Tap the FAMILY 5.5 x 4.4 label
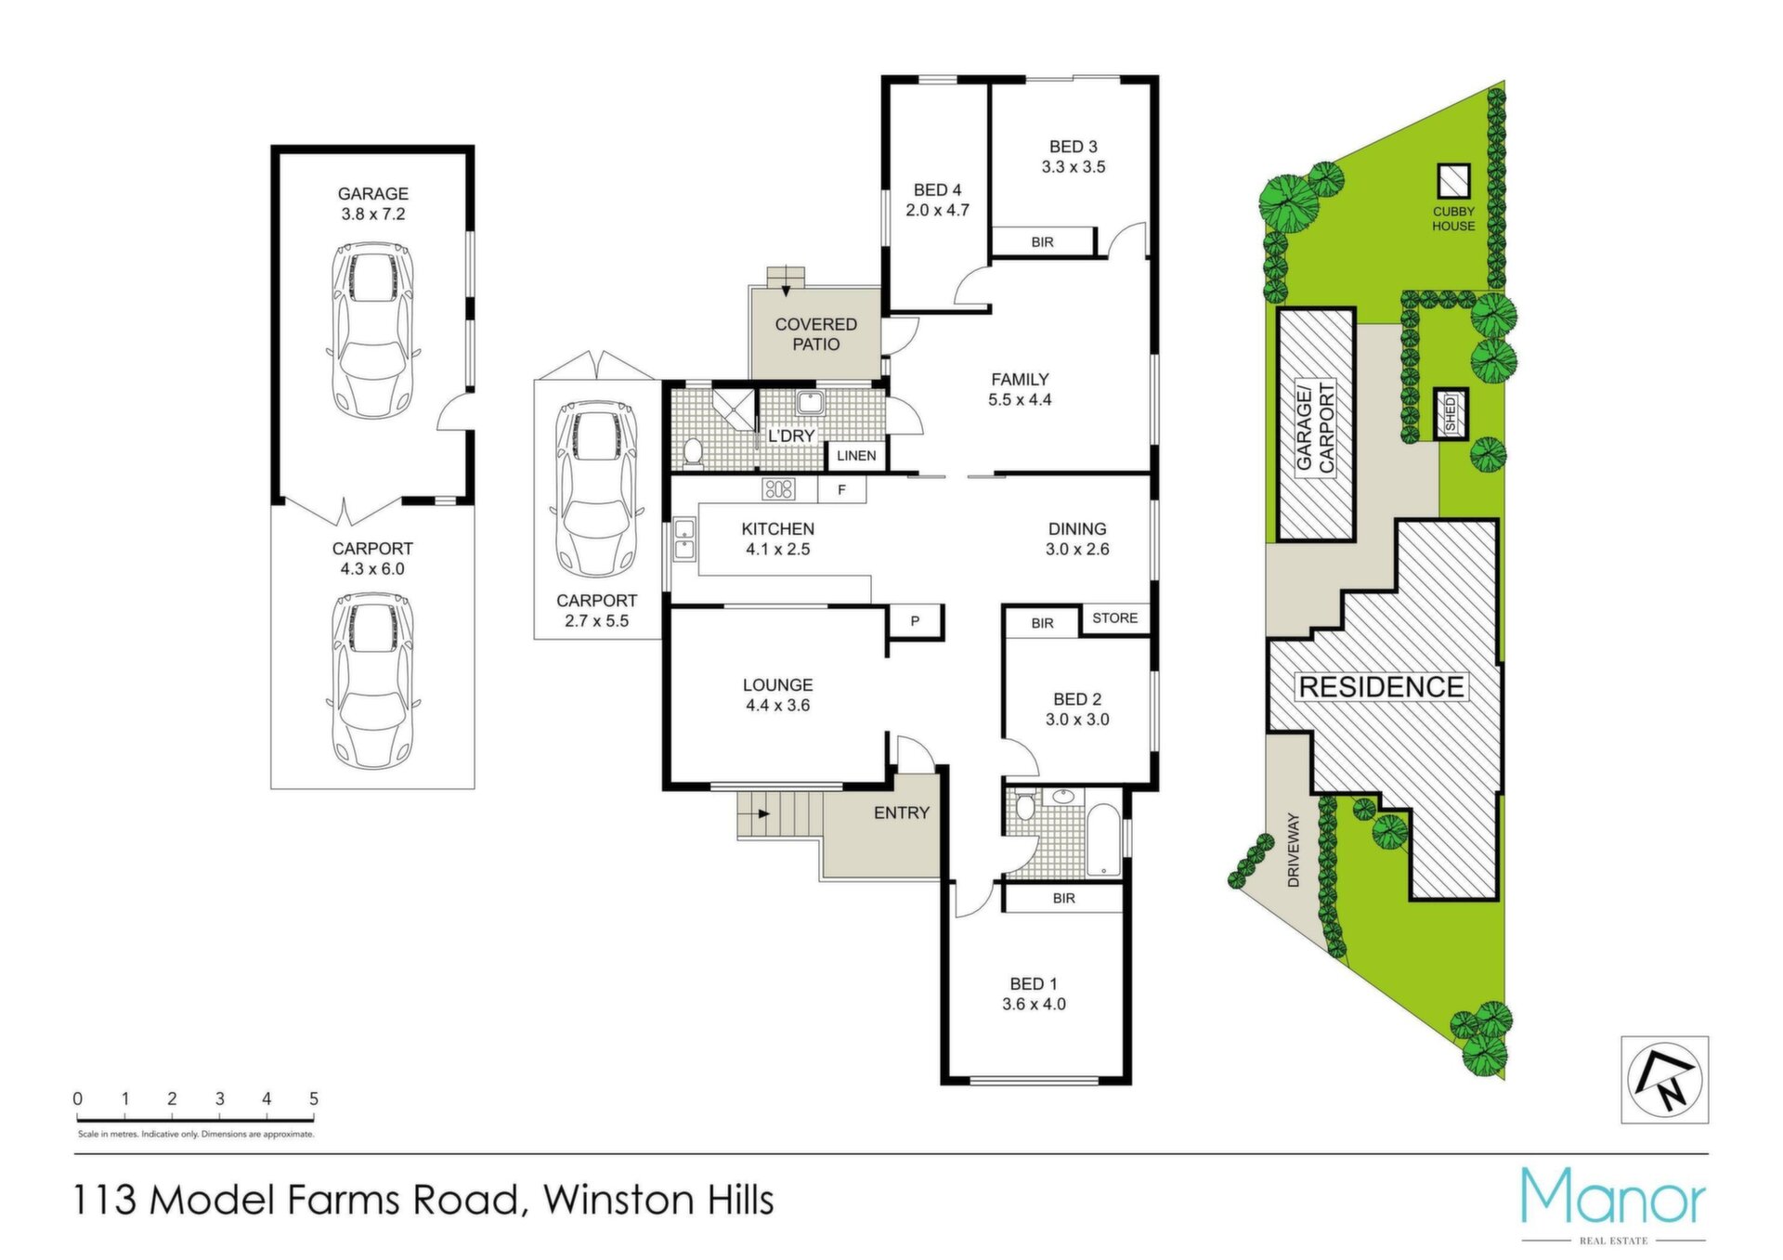[x=1020, y=389]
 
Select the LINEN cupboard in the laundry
[x=856, y=455]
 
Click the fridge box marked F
[x=841, y=489]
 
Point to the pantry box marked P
[x=915, y=620]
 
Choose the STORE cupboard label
[x=1114, y=618]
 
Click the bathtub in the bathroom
[x=1104, y=840]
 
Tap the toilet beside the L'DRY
[x=692, y=452]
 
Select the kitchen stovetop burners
[x=778, y=488]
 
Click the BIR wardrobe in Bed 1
[x=1063, y=898]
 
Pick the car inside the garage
[x=372, y=330]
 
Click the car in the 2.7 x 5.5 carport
[x=595, y=488]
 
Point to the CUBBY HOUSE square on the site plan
[x=1453, y=181]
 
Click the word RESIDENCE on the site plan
[x=1381, y=687]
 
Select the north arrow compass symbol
[x=1665, y=1080]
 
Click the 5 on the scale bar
[x=314, y=1098]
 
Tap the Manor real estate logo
[x=1613, y=1204]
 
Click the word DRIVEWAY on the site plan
[x=1294, y=850]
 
